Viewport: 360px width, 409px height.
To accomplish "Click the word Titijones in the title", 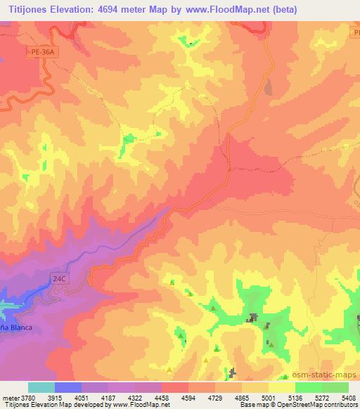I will (27, 9).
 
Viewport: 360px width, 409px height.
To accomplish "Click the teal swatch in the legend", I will (41, 387).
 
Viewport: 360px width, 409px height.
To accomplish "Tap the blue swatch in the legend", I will (68, 387).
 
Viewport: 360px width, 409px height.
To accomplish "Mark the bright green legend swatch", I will (307, 387).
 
